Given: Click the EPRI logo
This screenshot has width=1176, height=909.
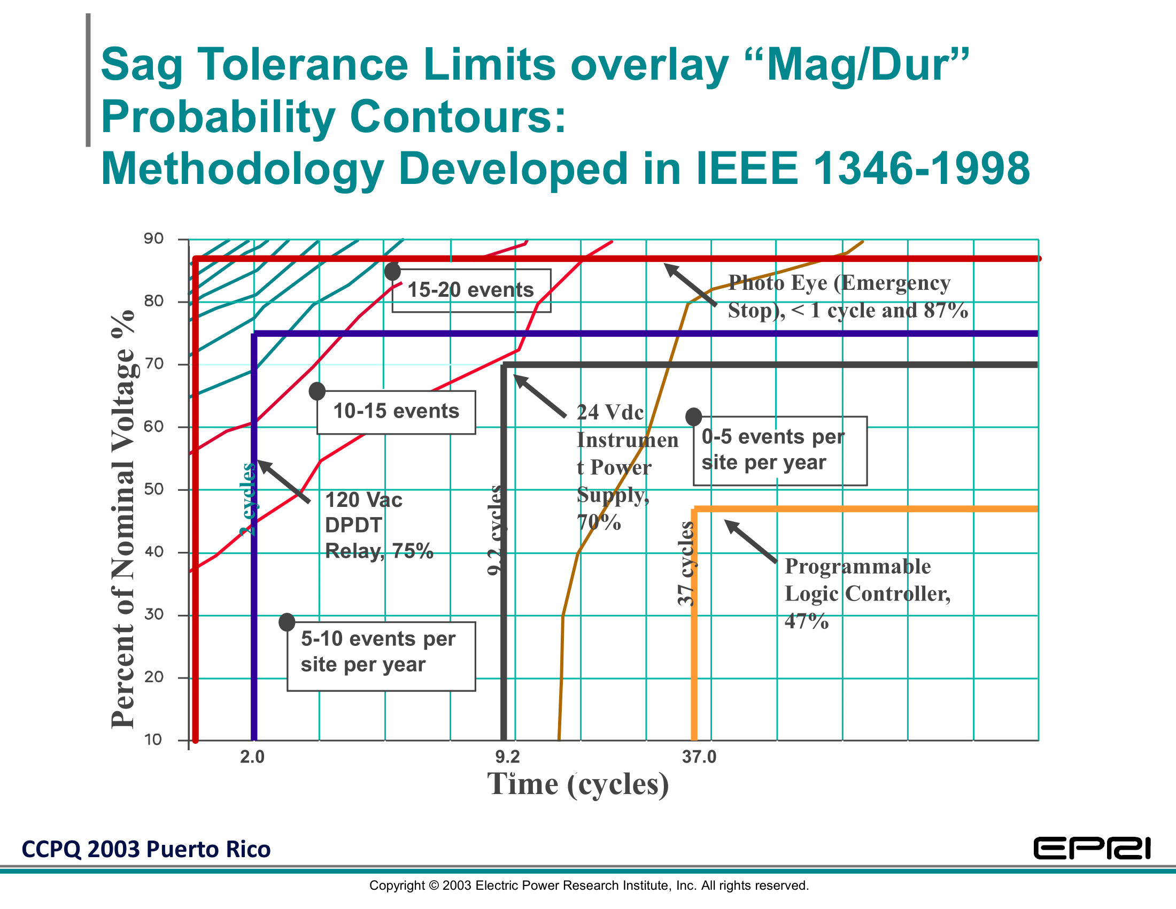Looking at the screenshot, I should click(x=1092, y=849).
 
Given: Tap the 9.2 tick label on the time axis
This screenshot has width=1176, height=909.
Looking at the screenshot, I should click(x=507, y=757).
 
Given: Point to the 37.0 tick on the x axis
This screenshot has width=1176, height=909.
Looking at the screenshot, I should click(x=699, y=757).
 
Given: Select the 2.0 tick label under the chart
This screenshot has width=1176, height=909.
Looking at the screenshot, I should click(x=252, y=757).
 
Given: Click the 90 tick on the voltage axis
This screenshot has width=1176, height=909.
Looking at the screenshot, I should click(x=153, y=238).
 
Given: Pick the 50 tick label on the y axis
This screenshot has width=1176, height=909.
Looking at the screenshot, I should click(x=153, y=489).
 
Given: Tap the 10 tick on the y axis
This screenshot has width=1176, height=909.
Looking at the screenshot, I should click(x=153, y=740).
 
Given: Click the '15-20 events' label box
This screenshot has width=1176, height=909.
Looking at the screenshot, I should click(x=471, y=290).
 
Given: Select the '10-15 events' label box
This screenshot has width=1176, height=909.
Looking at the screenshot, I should click(x=396, y=412).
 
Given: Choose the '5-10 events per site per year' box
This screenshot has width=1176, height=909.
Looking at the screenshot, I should click(x=381, y=656).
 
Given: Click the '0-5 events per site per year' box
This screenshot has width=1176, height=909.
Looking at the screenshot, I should click(x=780, y=451).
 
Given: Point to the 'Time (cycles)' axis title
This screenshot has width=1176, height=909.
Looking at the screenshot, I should click(x=578, y=784).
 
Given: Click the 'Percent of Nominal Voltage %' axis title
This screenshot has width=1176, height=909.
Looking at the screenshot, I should click(x=123, y=520).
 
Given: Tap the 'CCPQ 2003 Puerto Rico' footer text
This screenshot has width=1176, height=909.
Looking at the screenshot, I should click(x=146, y=849).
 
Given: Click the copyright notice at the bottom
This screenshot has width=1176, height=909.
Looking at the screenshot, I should click(x=589, y=885).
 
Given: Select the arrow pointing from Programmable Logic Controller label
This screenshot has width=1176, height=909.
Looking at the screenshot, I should click(x=751, y=541).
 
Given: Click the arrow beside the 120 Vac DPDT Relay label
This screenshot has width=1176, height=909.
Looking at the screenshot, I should click(x=283, y=481).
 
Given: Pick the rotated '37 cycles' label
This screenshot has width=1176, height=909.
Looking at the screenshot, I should click(x=685, y=563).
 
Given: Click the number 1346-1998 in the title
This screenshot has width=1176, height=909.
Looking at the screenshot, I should click(x=921, y=168).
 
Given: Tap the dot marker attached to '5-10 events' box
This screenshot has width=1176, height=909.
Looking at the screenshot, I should click(x=287, y=622).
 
